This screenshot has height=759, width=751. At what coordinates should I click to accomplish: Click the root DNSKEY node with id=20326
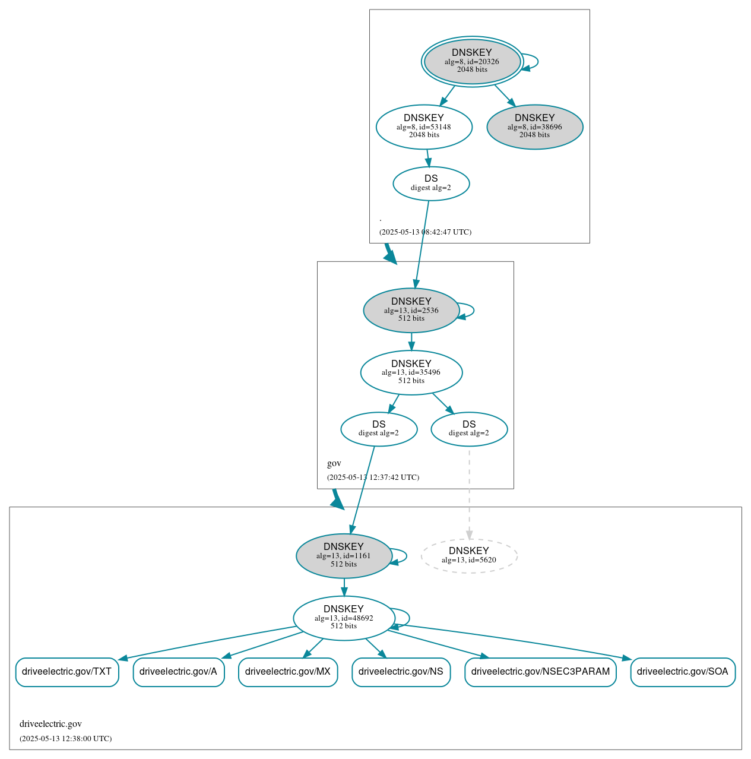pyautogui.click(x=472, y=61)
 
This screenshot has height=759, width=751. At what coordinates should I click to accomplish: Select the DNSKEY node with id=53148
pyautogui.click(x=424, y=126)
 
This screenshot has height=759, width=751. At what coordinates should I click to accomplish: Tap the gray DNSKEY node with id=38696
pyautogui.click(x=534, y=126)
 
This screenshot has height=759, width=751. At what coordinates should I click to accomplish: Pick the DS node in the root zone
pyautogui.click(x=431, y=184)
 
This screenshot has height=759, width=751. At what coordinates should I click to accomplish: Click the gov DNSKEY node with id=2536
pyautogui.click(x=411, y=310)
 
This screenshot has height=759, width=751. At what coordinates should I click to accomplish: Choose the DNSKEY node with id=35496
pyautogui.click(x=411, y=372)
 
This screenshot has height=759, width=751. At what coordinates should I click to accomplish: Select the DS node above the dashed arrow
pyautogui.click(x=469, y=429)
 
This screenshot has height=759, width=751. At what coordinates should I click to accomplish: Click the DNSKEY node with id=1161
pyautogui.click(x=344, y=555)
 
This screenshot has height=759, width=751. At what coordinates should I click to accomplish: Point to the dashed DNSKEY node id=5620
pyautogui.click(x=469, y=555)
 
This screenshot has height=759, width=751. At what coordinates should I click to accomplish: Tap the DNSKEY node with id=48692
pyautogui.click(x=344, y=618)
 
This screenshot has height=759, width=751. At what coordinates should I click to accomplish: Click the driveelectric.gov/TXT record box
pyautogui.click(x=67, y=672)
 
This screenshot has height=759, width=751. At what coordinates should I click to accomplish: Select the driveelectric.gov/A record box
pyautogui.click(x=178, y=672)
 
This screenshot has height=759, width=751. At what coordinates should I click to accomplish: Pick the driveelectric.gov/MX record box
pyautogui.click(x=288, y=672)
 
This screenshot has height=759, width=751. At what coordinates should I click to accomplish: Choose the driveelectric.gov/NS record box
pyautogui.click(x=401, y=672)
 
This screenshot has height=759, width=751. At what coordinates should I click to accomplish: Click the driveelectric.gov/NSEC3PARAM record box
pyautogui.click(x=540, y=672)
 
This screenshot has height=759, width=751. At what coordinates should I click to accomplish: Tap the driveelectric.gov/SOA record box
pyautogui.click(x=683, y=672)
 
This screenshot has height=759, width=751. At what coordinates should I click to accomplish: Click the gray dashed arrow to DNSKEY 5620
pyautogui.click(x=469, y=493)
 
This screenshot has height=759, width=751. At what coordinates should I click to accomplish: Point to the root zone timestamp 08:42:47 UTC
pyautogui.click(x=425, y=232)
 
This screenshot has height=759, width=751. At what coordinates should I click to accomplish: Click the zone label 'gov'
pyautogui.click(x=334, y=463)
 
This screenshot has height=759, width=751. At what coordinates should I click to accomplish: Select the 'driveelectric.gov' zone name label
pyautogui.click(x=50, y=723)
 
